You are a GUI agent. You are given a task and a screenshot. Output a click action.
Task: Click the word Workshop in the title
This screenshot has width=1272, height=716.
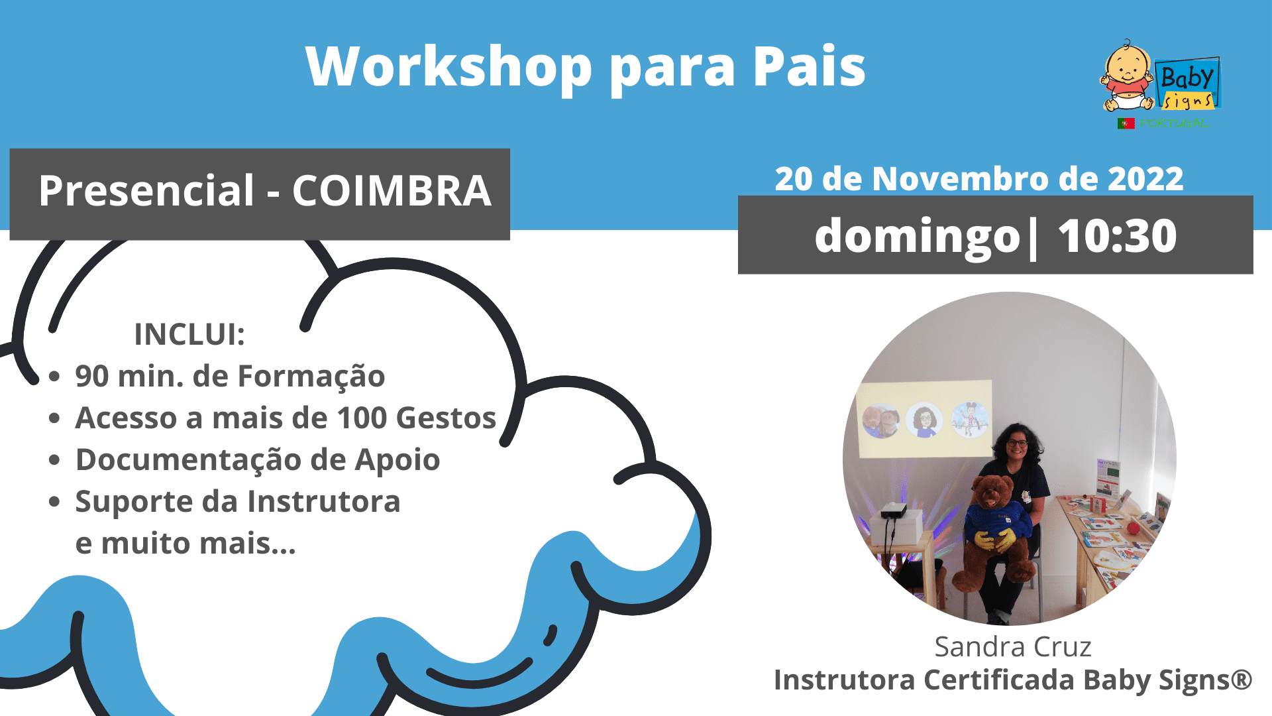pos(449,66)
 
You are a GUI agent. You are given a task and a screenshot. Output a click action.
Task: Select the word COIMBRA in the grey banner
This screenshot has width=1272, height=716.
pos(392,191)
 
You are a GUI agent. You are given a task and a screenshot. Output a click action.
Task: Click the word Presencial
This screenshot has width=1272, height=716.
pos(146,191)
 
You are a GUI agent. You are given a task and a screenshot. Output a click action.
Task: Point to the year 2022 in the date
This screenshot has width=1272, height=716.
pos(1145,179)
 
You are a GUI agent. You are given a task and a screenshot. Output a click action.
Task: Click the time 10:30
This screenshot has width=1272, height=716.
pos(1117,236)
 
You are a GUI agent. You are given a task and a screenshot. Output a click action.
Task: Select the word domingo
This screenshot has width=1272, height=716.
pos(917,237)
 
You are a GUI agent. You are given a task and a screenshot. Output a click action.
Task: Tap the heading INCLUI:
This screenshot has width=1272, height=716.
pos(189,334)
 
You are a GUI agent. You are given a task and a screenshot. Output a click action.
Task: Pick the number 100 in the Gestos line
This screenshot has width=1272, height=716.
pos(362,418)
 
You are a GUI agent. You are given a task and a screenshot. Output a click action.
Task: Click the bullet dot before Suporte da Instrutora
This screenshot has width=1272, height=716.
pos(54,502)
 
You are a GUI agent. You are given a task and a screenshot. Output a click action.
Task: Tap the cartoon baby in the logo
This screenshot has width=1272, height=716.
pos(1127,77)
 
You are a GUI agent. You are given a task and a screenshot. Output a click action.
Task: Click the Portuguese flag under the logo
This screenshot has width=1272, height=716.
pos(1126,123)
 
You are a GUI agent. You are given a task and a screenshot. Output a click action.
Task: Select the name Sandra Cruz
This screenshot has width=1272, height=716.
pos(1013,646)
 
